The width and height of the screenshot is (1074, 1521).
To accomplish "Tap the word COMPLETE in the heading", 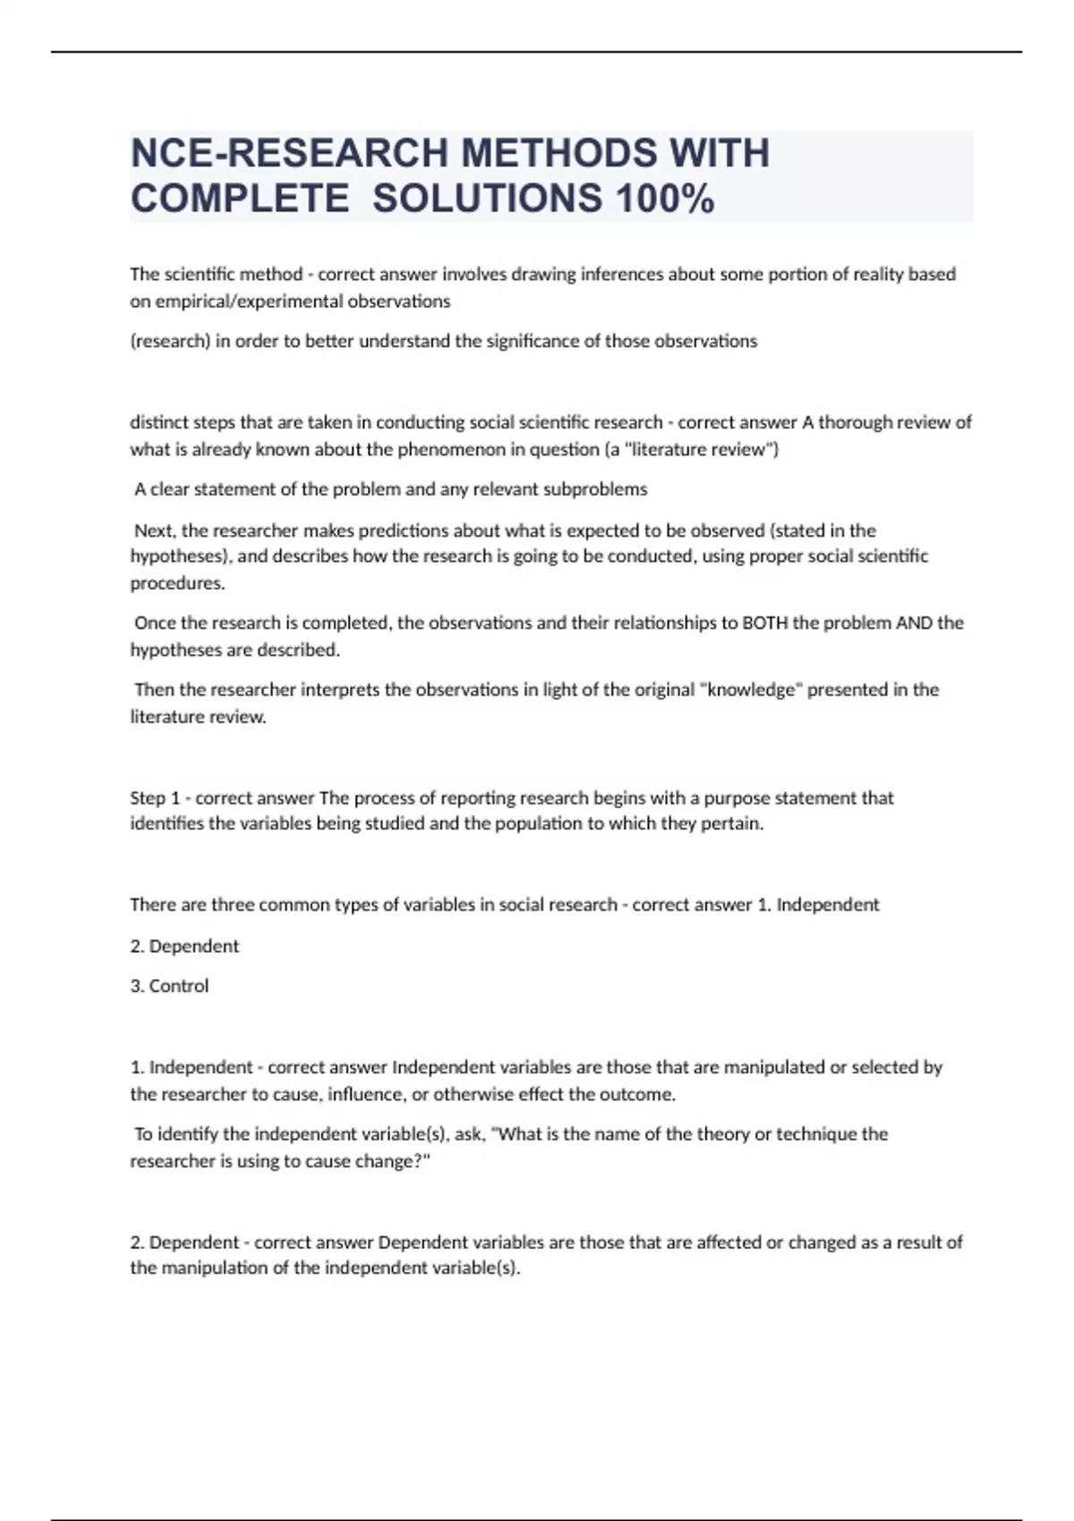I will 240,199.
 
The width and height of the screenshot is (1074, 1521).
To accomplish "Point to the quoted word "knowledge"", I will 750,690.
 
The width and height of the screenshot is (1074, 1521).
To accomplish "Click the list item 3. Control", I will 169,986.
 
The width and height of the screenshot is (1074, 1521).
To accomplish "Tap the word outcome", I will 637,1094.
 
